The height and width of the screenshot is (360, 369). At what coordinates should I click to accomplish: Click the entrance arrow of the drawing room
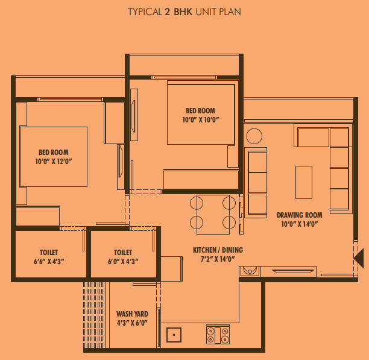tap(359, 258)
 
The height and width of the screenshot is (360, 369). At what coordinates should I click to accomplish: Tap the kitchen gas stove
tap(218, 335)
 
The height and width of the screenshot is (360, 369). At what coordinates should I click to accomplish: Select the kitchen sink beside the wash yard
tap(174, 335)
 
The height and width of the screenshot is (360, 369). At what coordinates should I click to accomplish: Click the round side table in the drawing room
tap(254, 136)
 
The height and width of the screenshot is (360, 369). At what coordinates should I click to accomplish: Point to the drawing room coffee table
tap(304, 182)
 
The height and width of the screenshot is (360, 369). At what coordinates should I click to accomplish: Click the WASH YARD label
tap(132, 314)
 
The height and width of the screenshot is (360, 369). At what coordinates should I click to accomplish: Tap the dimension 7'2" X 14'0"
tap(218, 259)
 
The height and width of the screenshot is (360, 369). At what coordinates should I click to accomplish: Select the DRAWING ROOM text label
tap(300, 215)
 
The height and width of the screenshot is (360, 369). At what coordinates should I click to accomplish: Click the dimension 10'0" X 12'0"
tap(54, 162)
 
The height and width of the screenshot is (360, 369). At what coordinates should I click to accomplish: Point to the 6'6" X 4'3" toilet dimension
tap(49, 262)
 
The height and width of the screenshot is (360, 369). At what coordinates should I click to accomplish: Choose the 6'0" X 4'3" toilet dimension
tap(123, 262)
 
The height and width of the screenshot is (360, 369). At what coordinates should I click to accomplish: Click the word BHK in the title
tap(183, 12)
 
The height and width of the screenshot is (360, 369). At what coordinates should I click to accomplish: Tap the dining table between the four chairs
tap(213, 214)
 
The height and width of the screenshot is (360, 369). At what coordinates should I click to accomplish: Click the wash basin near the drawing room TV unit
tap(250, 271)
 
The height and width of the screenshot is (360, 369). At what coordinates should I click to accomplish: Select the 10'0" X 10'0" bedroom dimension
tap(201, 120)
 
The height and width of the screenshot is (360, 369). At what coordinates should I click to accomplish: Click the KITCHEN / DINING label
tap(218, 250)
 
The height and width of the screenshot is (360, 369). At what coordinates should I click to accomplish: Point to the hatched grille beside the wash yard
tap(93, 315)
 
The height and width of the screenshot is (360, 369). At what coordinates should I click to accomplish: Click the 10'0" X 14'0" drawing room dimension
tap(300, 224)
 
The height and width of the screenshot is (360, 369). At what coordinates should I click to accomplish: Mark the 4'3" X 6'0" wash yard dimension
tap(132, 323)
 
